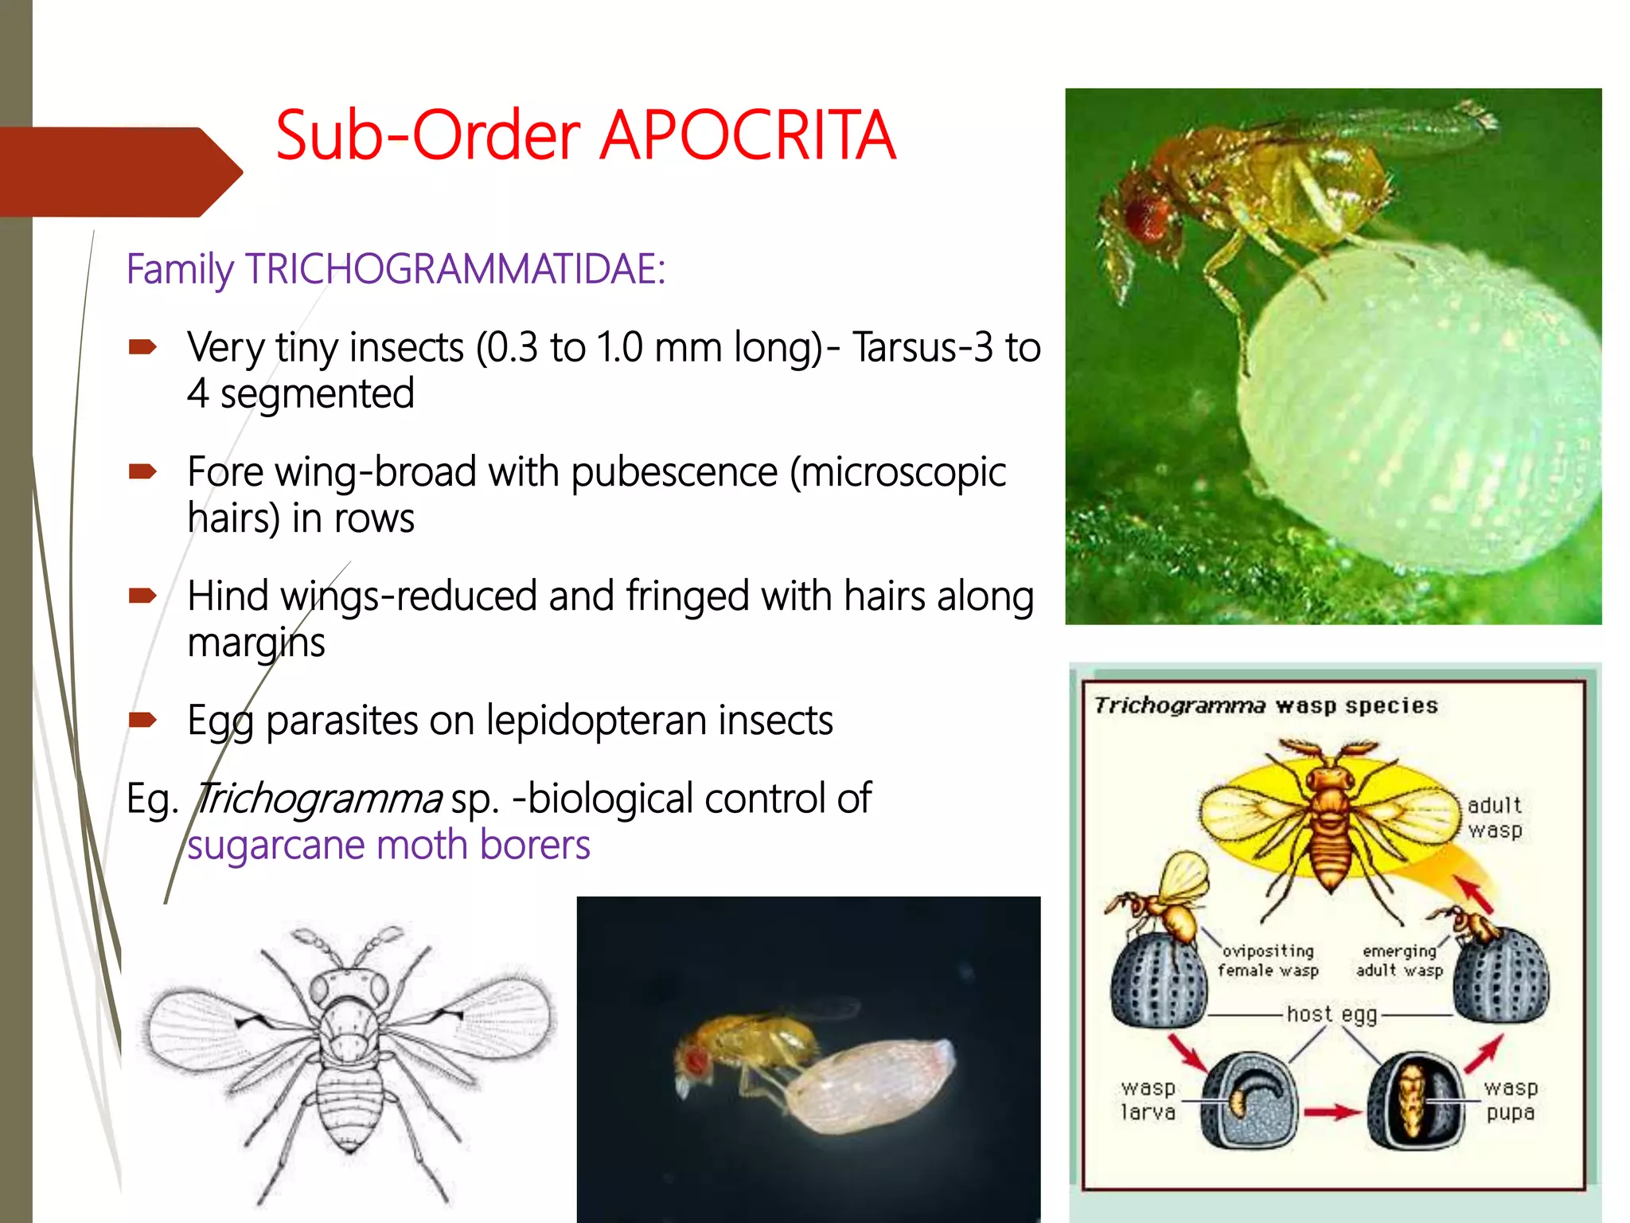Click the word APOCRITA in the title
pos(748,135)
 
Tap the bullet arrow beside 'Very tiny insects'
pos(142,347)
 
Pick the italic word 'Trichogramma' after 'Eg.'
pos(318,798)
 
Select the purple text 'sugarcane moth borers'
pos(388,845)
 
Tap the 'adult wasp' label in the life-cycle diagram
pos(1494,818)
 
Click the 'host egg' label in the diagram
pos(1332,1014)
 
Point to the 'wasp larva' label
pos(1148,1100)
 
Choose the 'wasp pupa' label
pos(1510,1100)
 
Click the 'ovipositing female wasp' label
pos(1268,960)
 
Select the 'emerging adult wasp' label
pos(1399,960)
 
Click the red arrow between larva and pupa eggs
pos(1331,1112)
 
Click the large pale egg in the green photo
pos(1417,406)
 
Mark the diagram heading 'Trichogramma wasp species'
pos(1265,706)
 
